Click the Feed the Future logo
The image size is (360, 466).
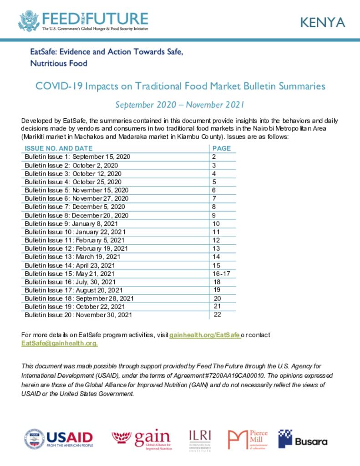[83, 21]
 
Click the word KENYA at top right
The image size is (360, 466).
[322, 23]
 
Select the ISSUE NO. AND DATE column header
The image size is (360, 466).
[59, 148]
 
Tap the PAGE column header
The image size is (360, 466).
[222, 148]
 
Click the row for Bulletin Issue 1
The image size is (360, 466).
[78, 157]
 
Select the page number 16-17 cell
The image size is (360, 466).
[223, 274]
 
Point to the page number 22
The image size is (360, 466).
[217, 314]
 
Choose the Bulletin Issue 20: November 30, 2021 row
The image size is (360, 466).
[79, 315]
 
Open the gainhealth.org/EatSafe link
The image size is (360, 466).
[205, 335]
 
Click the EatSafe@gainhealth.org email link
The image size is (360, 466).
[60, 344]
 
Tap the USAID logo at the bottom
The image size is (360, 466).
[58, 439]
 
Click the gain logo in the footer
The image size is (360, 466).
[142, 439]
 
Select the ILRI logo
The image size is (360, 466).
[200, 439]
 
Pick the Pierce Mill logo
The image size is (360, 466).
[248, 439]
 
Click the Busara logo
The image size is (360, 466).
[303, 439]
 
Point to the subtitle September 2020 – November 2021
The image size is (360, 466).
[180, 105]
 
